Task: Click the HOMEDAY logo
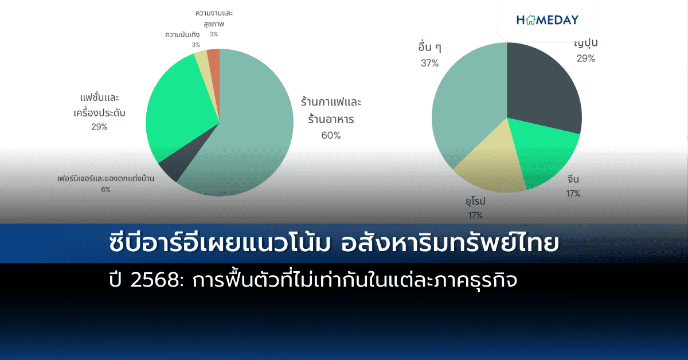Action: click(547, 20)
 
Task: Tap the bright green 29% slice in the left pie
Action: click(175, 115)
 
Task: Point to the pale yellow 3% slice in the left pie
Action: click(202, 60)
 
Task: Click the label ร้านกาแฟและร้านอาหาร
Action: click(331, 111)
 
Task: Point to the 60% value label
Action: click(331, 135)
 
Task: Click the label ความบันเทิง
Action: click(182, 35)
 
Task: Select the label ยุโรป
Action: click(475, 202)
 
